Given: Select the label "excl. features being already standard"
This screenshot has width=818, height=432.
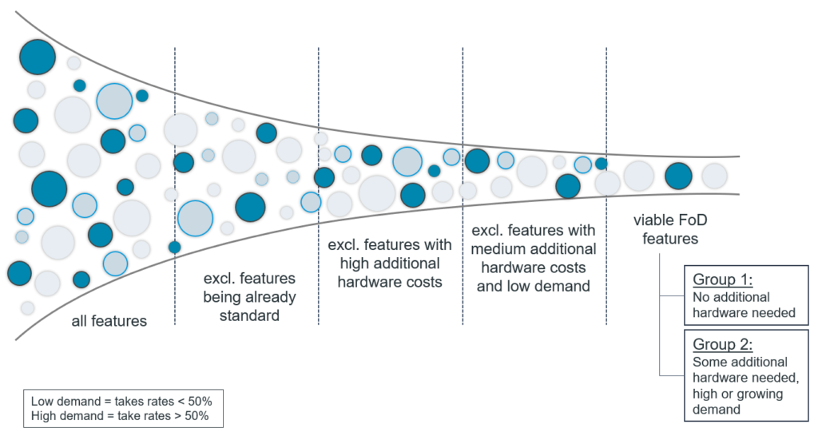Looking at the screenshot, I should tap(248, 297).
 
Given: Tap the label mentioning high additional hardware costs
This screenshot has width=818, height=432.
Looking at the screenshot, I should tap(390, 263).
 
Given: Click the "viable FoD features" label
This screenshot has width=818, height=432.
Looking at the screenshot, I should tap(665, 228).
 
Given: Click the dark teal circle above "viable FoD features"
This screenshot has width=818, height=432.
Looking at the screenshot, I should tap(678, 176).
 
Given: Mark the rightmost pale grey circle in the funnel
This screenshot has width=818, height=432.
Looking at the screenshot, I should tap(714, 176).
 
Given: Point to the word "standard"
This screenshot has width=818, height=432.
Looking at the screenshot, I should tap(248, 315).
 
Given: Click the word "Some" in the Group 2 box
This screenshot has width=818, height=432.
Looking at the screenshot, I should tap(708, 362).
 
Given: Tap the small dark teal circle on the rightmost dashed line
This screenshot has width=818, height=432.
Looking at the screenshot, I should tap(602, 164).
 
